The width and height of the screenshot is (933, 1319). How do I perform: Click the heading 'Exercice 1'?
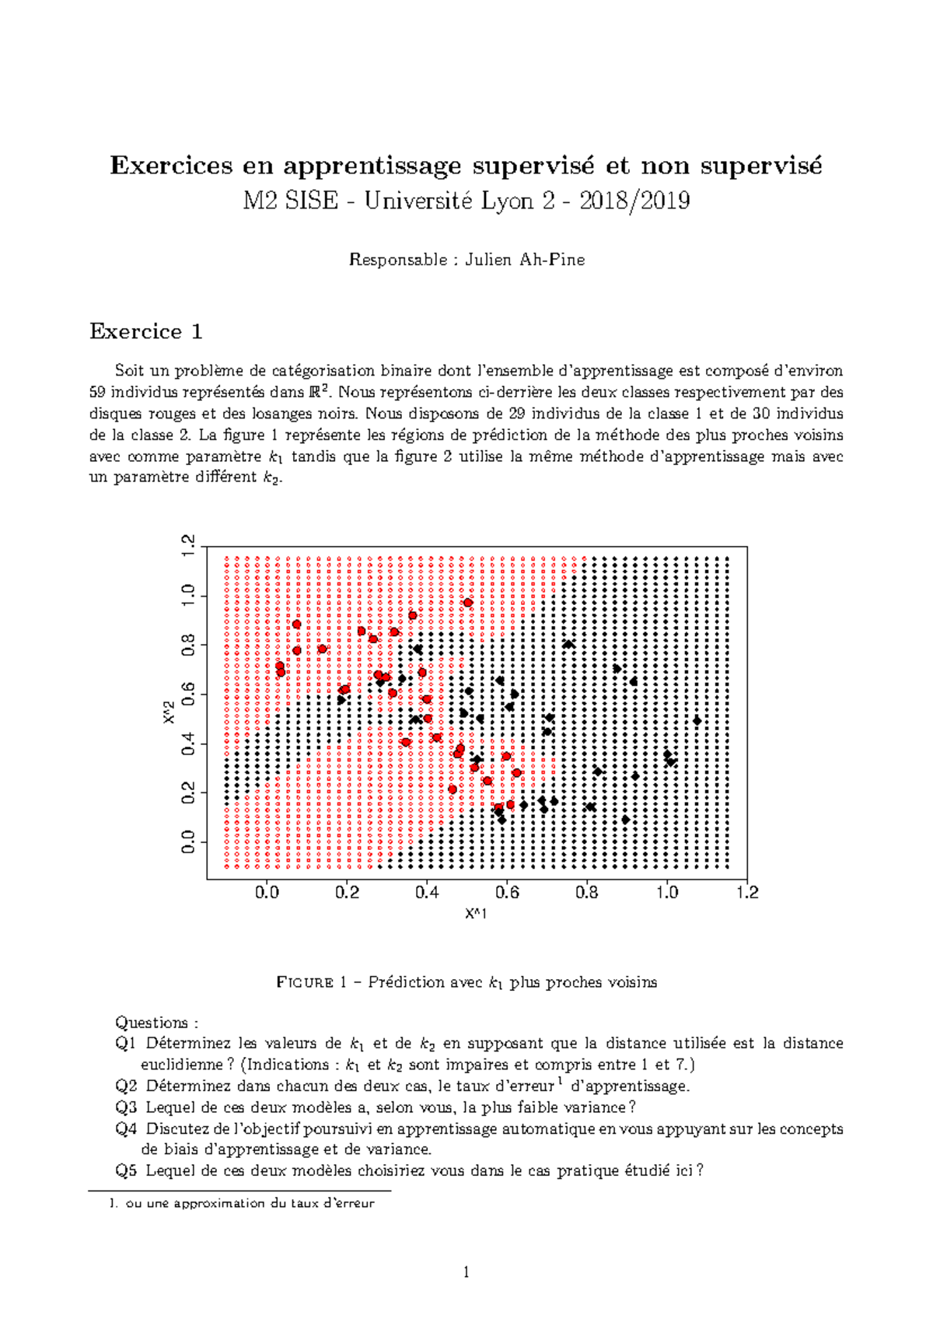pyautogui.click(x=146, y=332)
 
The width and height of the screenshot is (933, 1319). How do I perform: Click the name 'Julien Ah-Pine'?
pyautogui.click(x=525, y=261)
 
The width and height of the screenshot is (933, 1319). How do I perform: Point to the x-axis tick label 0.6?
pyautogui.click(x=507, y=893)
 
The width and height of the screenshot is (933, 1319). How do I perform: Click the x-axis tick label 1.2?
pyautogui.click(x=747, y=893)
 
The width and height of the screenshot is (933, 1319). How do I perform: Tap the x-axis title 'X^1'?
pyautogui.click(x=476, y=914)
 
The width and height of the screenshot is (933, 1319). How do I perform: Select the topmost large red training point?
pyautogui.click(x=468, y=603)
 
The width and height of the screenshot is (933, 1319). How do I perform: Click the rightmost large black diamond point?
pyautogui.click(x=697, y=721)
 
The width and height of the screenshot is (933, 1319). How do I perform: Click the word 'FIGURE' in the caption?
pyautogui.click(x=305, y=983)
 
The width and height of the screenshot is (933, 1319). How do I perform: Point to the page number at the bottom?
pyautogui.click(x=466, y=1273)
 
